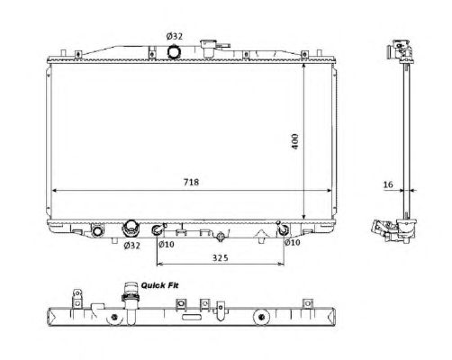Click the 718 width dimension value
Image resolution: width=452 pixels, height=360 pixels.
191,182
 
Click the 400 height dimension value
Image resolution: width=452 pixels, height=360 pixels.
295,141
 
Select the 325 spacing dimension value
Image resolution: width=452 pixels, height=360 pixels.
221,257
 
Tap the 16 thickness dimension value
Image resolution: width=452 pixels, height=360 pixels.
388,184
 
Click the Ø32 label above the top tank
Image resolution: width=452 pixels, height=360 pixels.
175,36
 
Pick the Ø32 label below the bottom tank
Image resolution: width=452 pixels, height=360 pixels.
131,246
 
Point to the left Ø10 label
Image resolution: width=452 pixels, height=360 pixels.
167,244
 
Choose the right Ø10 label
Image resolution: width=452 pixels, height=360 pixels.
292,242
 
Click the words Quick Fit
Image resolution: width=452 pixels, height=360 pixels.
159,285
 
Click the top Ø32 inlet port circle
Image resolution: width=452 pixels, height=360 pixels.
174,51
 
